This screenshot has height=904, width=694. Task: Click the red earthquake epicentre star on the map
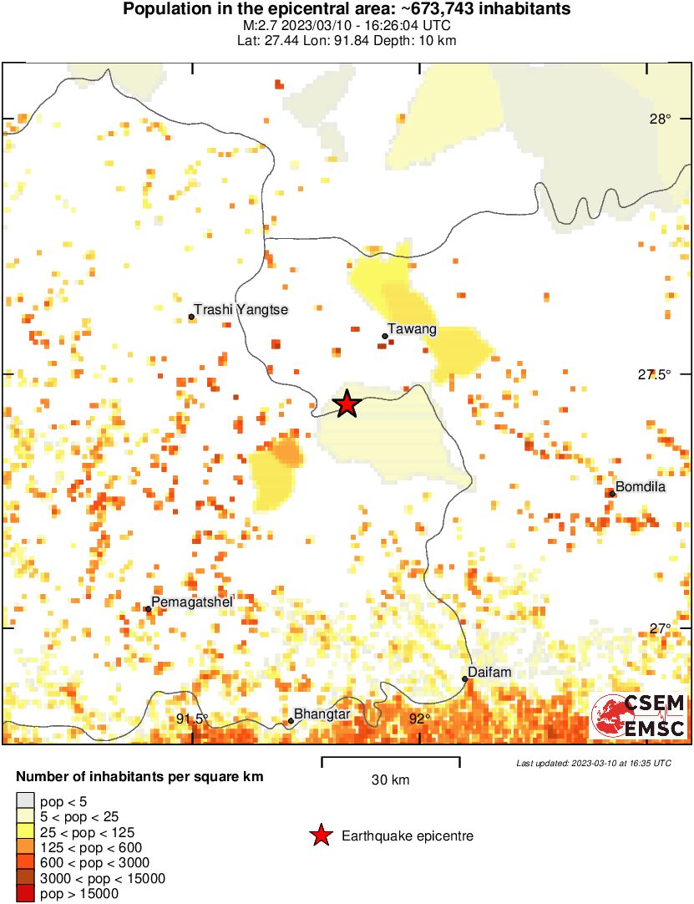point(347,404)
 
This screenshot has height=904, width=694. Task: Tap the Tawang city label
point(413,329)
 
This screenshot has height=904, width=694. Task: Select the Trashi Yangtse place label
point(241,310)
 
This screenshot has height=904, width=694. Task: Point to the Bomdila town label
point(641,487)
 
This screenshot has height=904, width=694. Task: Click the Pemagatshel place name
point(192,602)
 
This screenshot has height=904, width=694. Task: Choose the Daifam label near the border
point(489,672)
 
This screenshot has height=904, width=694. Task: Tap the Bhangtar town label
point(322,714)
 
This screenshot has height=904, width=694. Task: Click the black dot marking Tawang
point(385,336)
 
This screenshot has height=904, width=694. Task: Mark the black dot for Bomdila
point(612,493)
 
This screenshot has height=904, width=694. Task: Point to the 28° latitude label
point(660,119)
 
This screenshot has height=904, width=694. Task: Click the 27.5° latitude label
point(654,374)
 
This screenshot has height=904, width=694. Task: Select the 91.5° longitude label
point(192,719)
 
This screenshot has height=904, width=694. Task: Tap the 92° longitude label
point(419,719)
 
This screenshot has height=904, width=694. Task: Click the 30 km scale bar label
point(390,780)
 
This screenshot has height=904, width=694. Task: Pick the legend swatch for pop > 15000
point(26,894)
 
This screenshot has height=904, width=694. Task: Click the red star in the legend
point(320,835)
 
